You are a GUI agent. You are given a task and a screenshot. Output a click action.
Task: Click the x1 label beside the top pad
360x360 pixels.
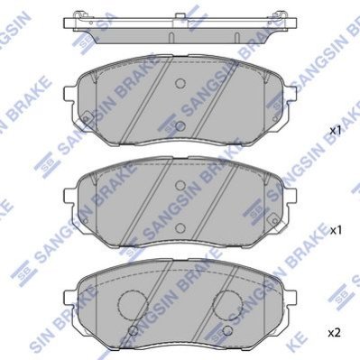(x=336, y=131)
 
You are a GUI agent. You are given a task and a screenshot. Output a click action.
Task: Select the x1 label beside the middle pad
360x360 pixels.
(x=336, y=231)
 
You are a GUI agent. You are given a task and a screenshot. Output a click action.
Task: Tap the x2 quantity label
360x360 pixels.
(x=334, y=333)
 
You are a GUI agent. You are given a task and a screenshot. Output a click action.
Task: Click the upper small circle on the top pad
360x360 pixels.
(x=180, y=83)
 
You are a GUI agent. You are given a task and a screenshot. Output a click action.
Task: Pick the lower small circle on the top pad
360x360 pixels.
(x=180, y=126)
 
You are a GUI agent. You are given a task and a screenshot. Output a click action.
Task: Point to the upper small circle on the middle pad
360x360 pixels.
(x=180, y=185)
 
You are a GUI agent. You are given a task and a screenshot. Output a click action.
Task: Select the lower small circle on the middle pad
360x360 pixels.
(x=180, y=228)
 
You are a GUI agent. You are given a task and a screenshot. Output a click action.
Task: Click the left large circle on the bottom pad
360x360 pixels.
(x=134, y=305)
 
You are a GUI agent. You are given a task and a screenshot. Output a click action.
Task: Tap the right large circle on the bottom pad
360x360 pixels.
(x=227, y=305)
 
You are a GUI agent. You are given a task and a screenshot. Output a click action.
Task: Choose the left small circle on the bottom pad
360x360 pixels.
(x=134, y=330)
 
